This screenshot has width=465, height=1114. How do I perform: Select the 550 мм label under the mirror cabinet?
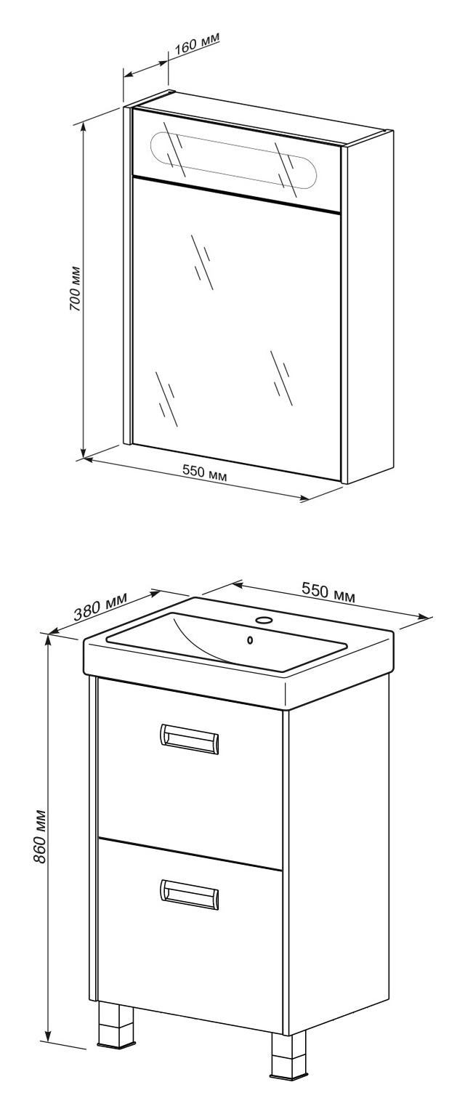click(x=204, y=472)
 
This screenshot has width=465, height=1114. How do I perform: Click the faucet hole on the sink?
click(x=264, y=620)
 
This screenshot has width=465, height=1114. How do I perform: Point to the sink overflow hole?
click(x=250, y=640)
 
